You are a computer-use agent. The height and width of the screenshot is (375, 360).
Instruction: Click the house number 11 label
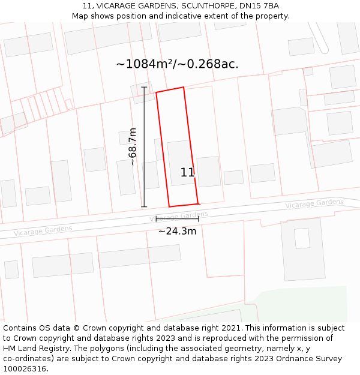[187, 173]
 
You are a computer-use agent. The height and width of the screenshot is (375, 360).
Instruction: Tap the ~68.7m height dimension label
[133, 147]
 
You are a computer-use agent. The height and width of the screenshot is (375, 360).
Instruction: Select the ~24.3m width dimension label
[177, 231]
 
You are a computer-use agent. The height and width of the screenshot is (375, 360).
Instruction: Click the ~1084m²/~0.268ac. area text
[177, 64]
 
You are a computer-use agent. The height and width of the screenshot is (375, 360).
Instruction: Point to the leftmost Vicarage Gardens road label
[43, 230]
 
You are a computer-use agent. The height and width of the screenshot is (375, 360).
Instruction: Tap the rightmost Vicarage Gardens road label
[314, 204]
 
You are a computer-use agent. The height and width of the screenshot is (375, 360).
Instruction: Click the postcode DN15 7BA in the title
[262, 5]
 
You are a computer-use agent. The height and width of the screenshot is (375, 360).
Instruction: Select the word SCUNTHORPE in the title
[196, 5]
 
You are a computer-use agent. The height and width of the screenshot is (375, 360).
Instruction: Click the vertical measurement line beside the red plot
[144, 147]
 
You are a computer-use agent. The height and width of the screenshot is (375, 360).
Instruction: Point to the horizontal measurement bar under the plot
[177, 219]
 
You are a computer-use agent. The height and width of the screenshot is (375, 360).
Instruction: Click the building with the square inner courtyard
[302, 240]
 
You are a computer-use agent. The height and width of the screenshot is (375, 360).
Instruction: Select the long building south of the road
[139, 256]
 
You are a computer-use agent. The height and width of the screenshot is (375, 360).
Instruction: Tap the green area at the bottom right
[300, 303]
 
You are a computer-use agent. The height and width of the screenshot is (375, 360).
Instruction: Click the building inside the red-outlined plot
[180, 162]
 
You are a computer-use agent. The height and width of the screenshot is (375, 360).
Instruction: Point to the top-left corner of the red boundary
[157, 92]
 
